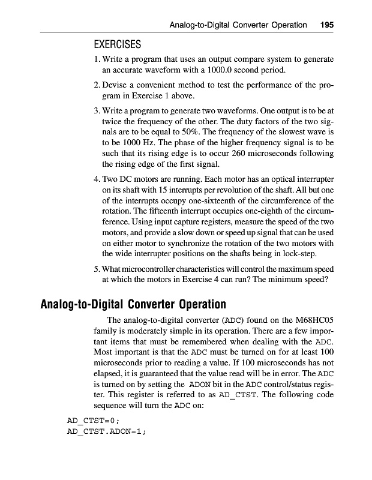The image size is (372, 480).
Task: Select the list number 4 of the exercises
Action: (97, 179)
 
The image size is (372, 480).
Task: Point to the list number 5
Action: (97, 268)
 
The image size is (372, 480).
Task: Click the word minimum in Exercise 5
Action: (277, 278)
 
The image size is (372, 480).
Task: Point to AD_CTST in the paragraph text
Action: (235, 394)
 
